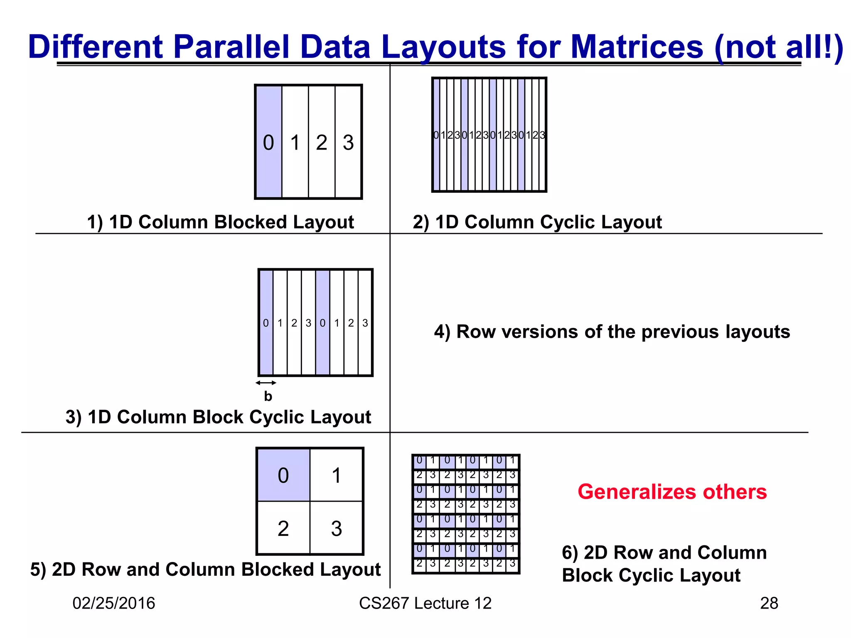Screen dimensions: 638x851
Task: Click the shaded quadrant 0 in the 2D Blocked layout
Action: (x=283, y=475)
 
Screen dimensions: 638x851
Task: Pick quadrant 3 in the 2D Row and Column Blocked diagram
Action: (x=337, y=528)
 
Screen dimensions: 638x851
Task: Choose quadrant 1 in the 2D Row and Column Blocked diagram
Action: (x=337, y=475)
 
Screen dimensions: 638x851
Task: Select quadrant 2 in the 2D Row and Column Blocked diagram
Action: (x=283, y=528)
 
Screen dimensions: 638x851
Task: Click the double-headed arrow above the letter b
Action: (x=266, y=383)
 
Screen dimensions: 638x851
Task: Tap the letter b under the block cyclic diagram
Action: (x=268, y=396)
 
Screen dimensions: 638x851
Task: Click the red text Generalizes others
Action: (x=672, y=492)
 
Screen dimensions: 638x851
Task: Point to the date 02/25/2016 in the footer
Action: (x=113, y=603)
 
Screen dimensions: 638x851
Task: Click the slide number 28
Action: (x=769, y=603)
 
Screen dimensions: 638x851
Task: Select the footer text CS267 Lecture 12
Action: (x=425, y=603)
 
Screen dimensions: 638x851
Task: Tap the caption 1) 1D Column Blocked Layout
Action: (x=220, y=222)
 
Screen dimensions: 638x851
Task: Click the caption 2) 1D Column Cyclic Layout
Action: (x=537, y=222)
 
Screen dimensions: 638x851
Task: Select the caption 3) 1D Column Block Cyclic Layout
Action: (x=218, y=417)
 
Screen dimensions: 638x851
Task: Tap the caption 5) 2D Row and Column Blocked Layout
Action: (x=205, y=569)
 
